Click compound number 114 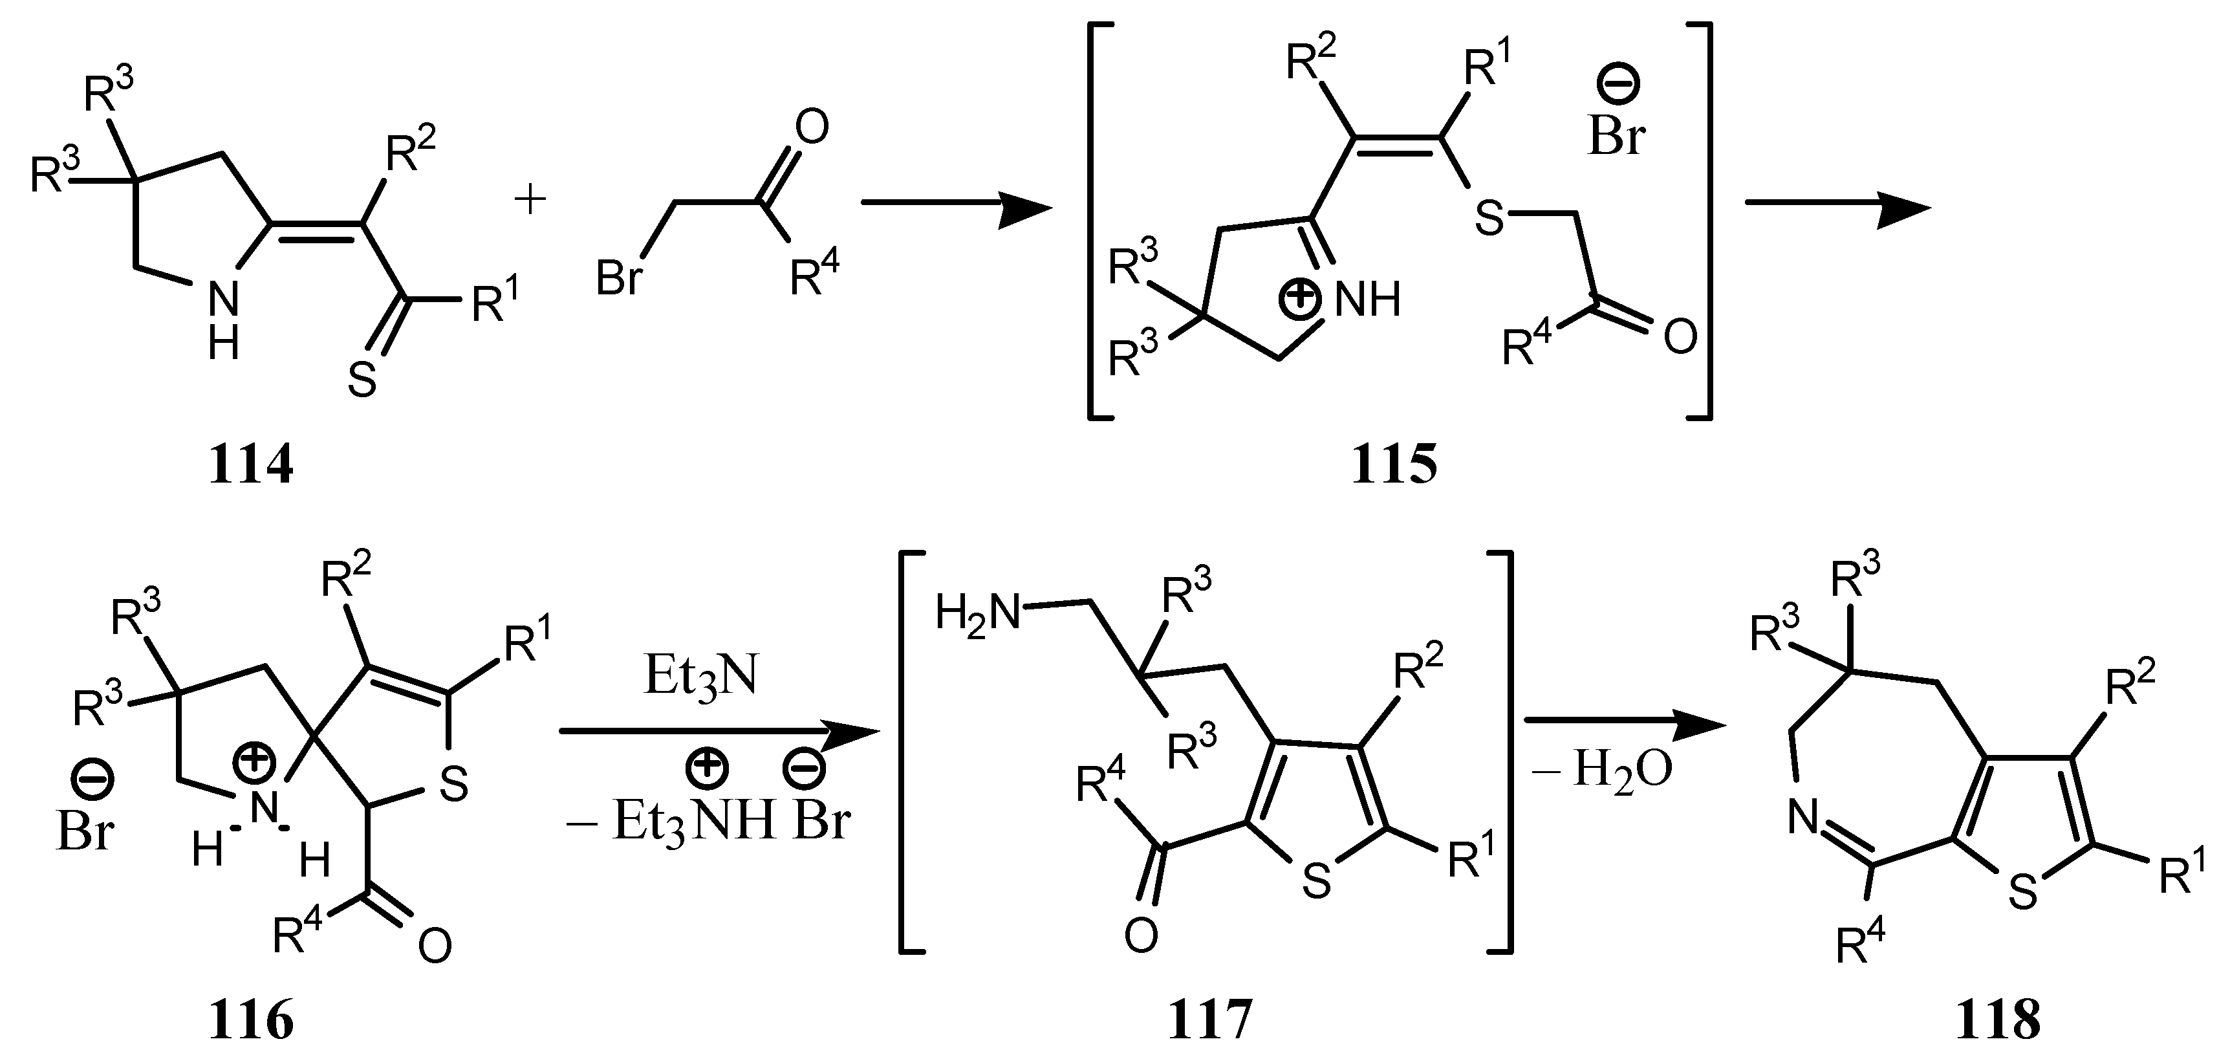250,466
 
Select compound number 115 1394,466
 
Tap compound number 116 250,1021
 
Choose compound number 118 1998,1021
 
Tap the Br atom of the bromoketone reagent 619,279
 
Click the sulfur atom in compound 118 2022,892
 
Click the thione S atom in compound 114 362,380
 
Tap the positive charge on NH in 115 1301,299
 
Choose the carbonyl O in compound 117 1141,936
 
